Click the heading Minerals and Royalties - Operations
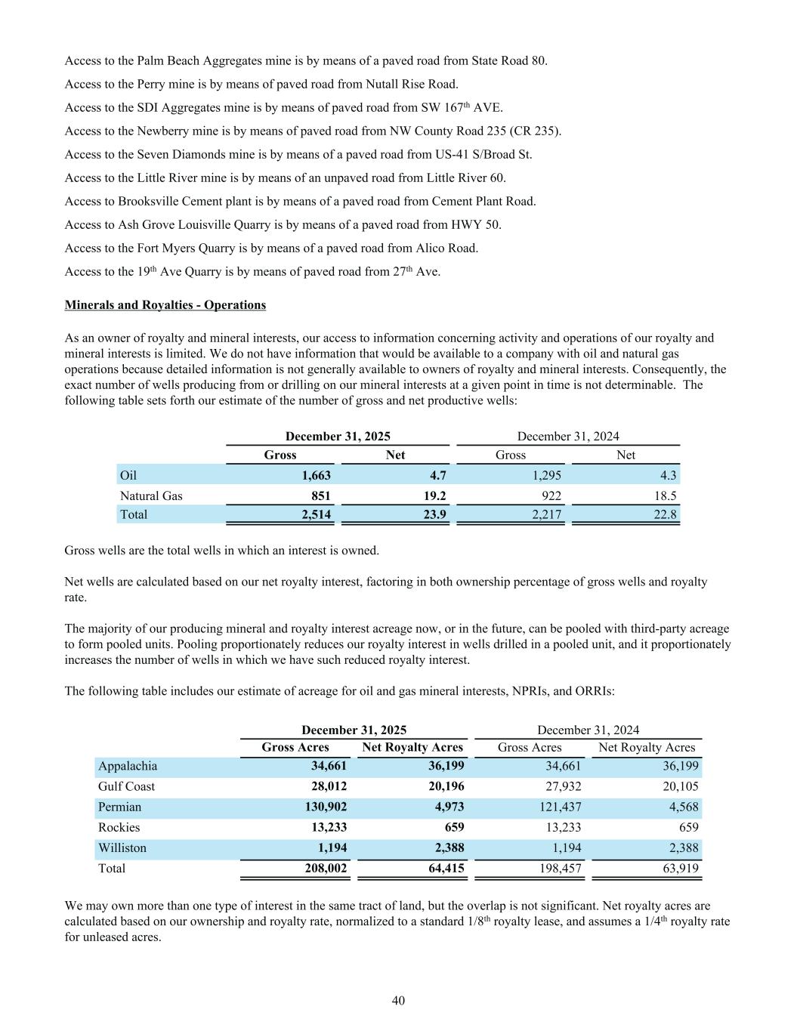165,305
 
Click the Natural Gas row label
151,495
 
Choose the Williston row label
122,847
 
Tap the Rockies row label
119,827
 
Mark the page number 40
398,1001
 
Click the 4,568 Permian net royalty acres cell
683,807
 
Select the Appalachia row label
128,766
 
